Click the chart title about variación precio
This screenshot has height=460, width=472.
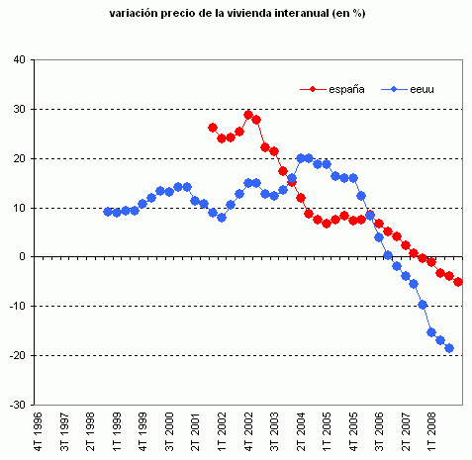(x=236, y=15)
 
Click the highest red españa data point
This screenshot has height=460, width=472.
(x=248, y=115)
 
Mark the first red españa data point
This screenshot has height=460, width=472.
(x=213, y=128)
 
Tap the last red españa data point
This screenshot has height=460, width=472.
(x=458, y=282)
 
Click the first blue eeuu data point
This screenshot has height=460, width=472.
(x=108, y=212)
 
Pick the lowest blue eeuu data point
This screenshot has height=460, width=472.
(x=449, y=348)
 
